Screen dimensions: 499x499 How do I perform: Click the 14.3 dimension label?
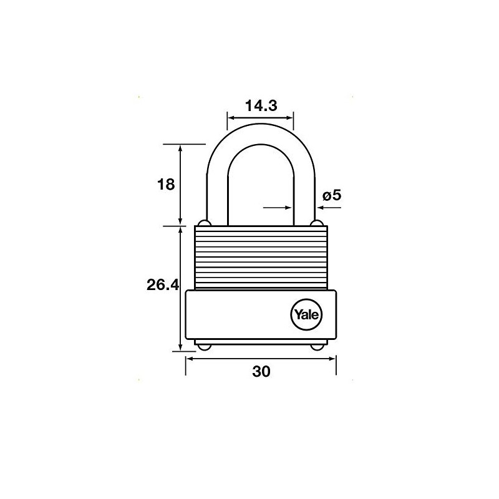pyautogui.click(x=260, y=106)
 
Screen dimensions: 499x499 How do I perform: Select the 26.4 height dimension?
pyautogui.click(x=163, y=286)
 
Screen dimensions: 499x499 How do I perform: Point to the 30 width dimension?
pyautogui.click(x=261, y=372)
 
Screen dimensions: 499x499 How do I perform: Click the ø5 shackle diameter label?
pyautogui.click(x=331, y=196)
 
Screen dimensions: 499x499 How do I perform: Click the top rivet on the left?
pyautogui.click(x=203, y=223)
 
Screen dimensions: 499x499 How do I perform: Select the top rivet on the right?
pyautogui.click(x=317, y=223)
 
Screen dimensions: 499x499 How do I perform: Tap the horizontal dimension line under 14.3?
pyautogui.click(x=260, y=117)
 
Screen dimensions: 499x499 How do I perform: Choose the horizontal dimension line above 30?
pyautogui.click(x=261, y=358)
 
